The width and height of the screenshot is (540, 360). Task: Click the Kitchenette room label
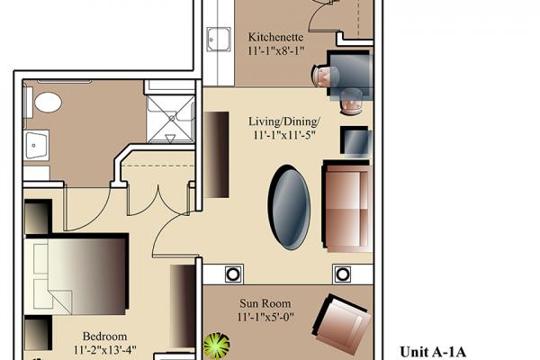(x=276, y=37)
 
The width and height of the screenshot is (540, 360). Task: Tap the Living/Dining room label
(x=284, y=121)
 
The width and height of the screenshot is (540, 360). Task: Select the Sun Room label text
(x=265, y=303)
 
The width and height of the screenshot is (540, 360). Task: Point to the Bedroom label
(x=104, y=336)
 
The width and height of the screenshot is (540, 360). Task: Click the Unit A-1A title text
(x=433, y=352)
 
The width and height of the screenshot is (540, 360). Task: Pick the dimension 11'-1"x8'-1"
(x=276, y=50)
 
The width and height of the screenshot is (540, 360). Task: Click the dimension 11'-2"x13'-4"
(x=105, y=350)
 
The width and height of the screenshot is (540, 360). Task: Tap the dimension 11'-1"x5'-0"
(x=265, y=317)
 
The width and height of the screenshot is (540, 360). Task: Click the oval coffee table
(x=289, y=207)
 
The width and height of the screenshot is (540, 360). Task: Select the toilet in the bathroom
(x=48, y=103)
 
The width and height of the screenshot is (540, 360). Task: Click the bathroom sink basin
(x=36, y=146)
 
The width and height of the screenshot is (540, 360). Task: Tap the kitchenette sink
(x=219, y=40)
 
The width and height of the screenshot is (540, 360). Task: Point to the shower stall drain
(x=172, y=118)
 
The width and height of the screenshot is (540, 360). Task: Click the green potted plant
(x=217, y=345)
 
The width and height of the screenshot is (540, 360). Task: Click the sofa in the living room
(x=347, y=206)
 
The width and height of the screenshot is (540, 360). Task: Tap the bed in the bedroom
(x=76, y=274)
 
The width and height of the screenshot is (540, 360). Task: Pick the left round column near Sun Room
(x=233, y=274)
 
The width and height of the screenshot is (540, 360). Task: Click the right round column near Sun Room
(x=342, y=274)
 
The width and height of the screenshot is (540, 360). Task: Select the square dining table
(x=350, y=74)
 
